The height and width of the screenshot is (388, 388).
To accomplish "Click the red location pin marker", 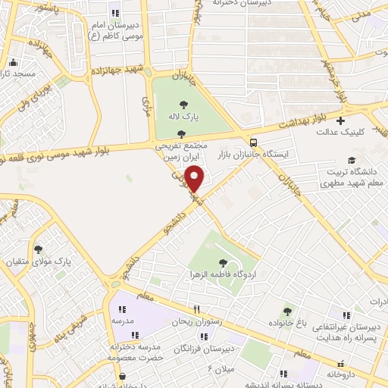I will click(195, 180).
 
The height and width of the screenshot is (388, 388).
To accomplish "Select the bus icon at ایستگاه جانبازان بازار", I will click(252, 142).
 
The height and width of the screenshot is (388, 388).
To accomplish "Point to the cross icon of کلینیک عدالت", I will click(341, 120).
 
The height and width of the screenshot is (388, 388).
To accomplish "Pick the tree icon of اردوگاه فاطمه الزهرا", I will click(222, 262).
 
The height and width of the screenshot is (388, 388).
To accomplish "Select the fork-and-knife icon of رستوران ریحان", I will click(197, 309).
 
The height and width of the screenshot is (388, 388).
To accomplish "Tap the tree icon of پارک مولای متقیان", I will click(38, 249).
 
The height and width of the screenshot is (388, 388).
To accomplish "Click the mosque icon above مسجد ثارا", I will click(11, 63).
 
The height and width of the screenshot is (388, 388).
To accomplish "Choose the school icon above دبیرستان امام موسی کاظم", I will click(115, 13).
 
